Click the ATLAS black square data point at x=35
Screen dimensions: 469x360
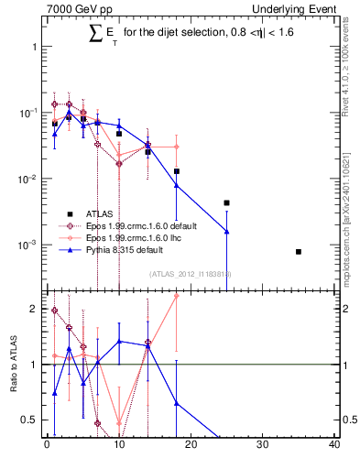point(299,251)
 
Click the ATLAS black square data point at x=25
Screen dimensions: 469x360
point(226,202)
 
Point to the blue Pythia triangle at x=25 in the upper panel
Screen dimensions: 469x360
point(226,232)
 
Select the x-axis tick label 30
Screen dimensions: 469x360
point(263,446)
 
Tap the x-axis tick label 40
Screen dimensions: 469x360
point(334,446)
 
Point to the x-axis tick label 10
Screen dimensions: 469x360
point(119,446)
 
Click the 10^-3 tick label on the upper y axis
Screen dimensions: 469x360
point(28,245)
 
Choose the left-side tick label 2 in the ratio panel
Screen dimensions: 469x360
point(33,309)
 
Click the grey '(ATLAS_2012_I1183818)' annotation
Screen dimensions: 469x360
point(191,274)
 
